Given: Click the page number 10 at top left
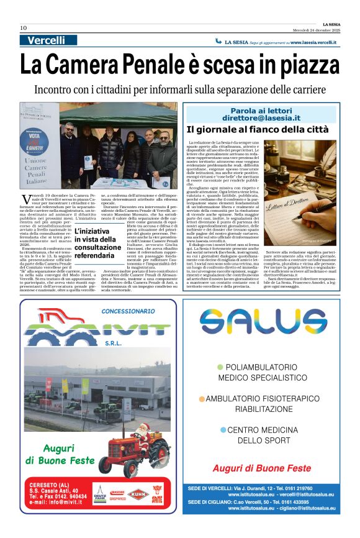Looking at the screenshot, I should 23,28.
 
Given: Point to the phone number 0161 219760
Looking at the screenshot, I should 302,488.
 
